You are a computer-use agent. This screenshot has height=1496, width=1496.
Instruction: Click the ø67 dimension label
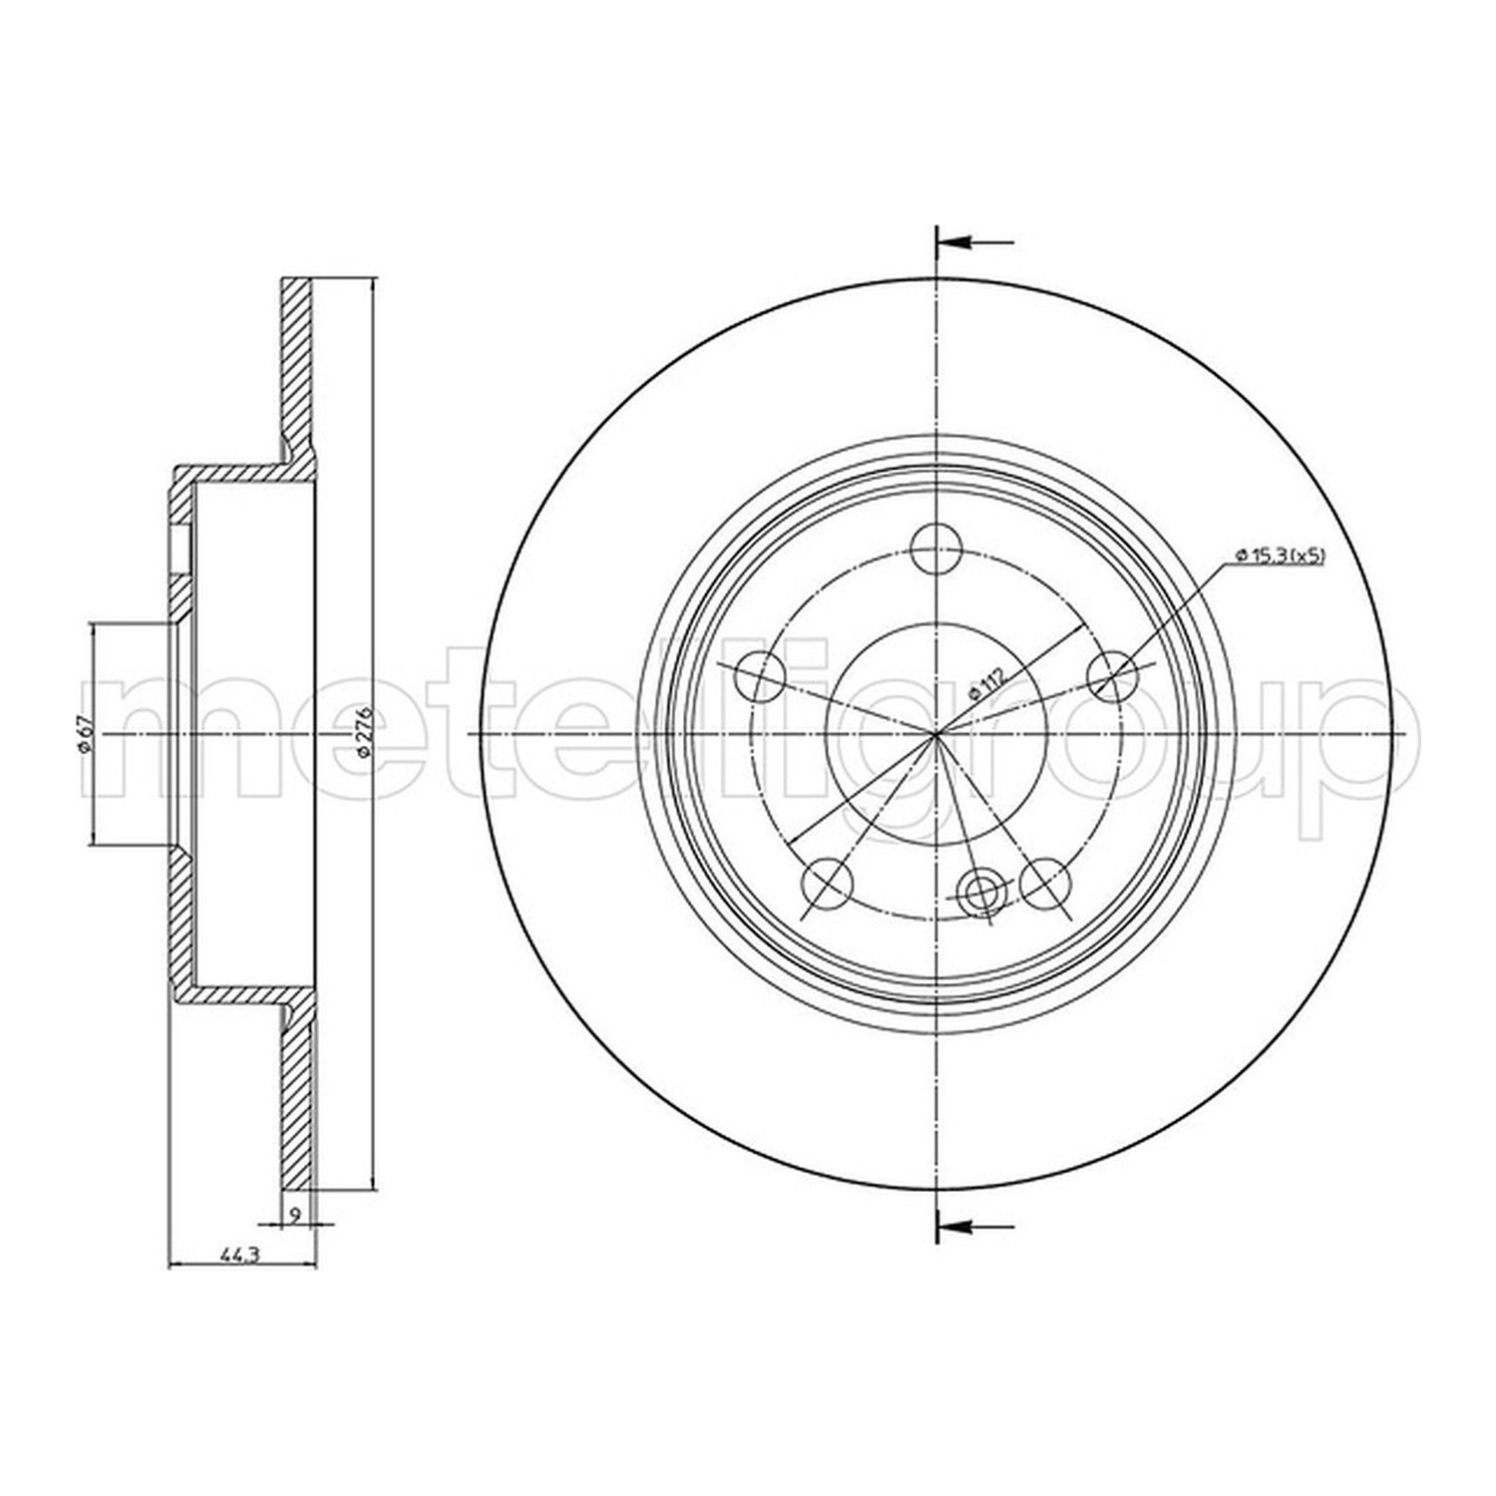pos(87,734)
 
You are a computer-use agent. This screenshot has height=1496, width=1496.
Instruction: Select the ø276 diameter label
pos(365,732)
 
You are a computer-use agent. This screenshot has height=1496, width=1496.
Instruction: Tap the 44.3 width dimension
pos(232,1257)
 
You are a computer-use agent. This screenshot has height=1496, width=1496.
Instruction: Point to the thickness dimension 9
pos(295,1214)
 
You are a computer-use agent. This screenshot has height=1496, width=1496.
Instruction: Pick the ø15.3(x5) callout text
pos(1281,556)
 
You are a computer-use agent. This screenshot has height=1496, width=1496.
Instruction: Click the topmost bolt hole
pos(936,549)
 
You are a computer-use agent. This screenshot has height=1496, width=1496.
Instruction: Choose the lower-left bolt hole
pos(828,884)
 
